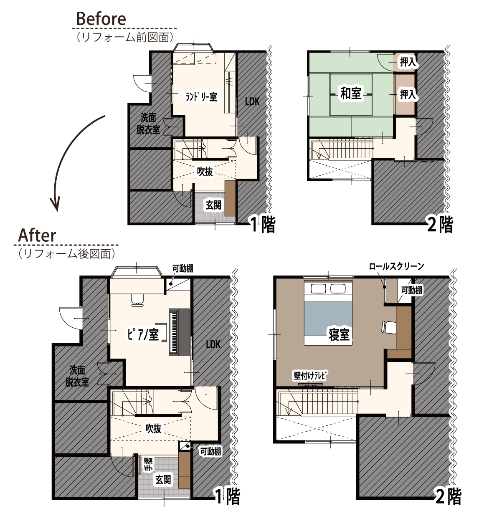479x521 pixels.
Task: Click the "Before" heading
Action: tap(101, 19)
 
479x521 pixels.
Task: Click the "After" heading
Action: tap(37, 235)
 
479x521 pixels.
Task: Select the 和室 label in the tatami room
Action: tap(351, 93)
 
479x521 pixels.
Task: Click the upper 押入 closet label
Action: tap(408, 62)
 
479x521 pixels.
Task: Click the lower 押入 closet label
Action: tap(408, 94)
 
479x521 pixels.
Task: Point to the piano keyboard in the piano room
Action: tap(173, 331)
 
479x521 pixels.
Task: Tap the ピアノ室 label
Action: tap(143, 334)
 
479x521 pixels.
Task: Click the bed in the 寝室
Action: tap(328, 313)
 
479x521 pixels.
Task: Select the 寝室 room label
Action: tap(339, 334)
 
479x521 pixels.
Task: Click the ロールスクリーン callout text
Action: tap(396, 266)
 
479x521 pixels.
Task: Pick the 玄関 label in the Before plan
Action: tap(213, 205)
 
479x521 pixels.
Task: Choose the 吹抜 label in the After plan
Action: tap(153, 428)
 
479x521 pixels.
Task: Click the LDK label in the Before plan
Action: tap(252, 101)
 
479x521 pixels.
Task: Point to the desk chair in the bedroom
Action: tap(388, 327)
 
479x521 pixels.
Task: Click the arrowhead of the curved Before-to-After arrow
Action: tap(55, 205)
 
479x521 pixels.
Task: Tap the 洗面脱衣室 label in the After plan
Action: tap(77, 376)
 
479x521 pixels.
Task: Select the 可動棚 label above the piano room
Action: tap(183, 268)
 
